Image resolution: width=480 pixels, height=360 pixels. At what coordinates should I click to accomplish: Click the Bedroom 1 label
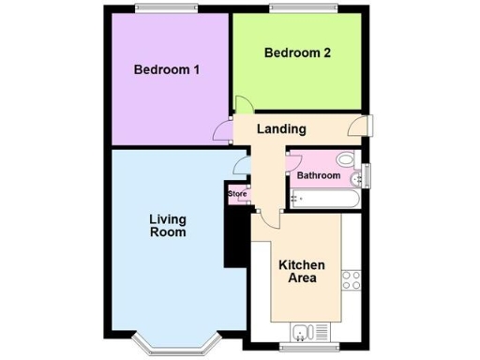[167, 70]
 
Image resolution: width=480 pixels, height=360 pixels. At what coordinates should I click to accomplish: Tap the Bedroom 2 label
[296, 53]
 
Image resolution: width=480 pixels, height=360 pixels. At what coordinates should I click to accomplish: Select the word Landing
[282, 129]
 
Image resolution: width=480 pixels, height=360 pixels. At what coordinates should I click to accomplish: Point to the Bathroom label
[318, 175]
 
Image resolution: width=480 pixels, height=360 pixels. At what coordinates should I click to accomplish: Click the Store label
[237, 194]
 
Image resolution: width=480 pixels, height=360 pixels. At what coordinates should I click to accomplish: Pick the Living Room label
[168, 226]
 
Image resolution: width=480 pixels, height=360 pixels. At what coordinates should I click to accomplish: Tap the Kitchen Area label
[302, 271]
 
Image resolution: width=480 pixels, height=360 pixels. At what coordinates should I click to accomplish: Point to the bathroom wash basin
[354, 178]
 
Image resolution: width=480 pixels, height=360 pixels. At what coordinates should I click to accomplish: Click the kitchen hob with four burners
[352, 278]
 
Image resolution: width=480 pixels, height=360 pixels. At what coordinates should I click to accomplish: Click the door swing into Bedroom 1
[223, 132]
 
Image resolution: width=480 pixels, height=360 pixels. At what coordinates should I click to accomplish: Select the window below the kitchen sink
[306, 347]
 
